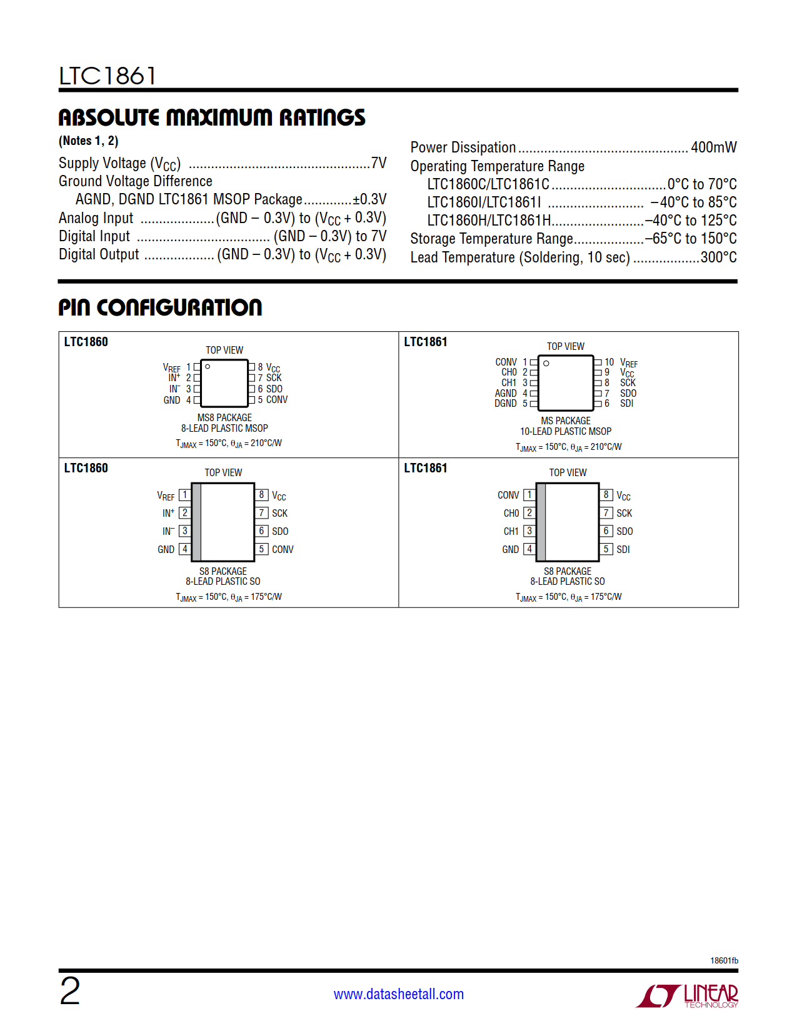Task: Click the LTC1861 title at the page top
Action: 107,76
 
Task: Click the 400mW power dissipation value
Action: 713,147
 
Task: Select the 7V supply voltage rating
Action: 379,163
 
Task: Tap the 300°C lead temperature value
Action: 718,257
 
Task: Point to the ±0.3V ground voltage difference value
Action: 369,199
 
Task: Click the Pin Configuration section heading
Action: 160,307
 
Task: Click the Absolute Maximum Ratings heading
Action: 212,117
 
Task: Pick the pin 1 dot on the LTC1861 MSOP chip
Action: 546,363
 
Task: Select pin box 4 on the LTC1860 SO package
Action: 184,549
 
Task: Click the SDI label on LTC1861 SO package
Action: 623,550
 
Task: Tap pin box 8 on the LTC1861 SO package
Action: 606,495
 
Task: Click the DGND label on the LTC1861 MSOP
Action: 506,404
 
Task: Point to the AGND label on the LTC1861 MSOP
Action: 506,394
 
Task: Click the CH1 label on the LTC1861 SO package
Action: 511,531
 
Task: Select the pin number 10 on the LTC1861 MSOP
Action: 609,362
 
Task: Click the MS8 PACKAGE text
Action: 224,417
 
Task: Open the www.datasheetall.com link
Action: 399,994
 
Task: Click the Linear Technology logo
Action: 687,995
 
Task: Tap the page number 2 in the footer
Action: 70,992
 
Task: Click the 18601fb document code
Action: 724,960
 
